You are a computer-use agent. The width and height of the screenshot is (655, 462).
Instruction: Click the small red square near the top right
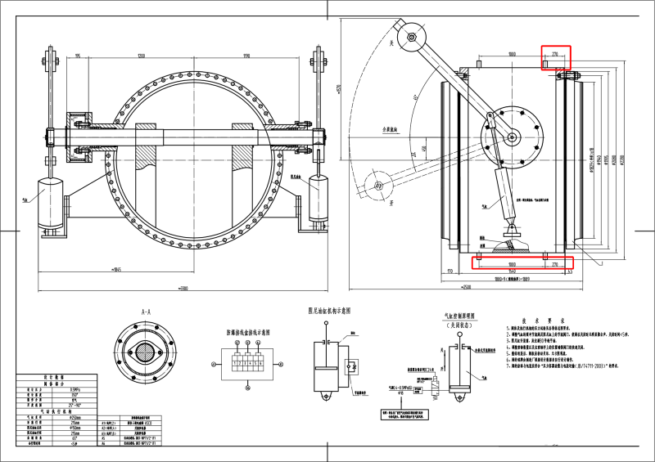[555, 58]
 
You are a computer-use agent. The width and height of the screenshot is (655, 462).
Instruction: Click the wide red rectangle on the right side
[522, 262]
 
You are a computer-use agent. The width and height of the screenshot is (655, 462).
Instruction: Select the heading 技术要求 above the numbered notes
[544, 321]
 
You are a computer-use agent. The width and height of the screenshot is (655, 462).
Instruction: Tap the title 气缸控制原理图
[459, 316]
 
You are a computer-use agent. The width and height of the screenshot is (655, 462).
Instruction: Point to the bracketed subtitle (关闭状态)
[459, 325]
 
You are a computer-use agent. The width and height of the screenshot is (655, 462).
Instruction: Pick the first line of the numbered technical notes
[538, 328]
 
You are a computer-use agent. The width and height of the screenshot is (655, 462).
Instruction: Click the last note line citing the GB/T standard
[562, 366]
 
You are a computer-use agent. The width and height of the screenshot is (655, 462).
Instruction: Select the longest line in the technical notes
[567, 334]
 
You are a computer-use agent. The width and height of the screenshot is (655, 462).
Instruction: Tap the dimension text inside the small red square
[554, 54]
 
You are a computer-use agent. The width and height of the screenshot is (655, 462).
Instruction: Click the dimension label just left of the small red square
[512, 54]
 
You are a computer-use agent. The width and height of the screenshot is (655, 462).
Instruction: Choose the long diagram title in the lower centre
[249, 333]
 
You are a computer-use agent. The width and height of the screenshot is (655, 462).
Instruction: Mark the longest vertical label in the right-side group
[591, 159]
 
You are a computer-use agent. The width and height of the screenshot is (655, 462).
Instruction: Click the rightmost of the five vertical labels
[622, 160]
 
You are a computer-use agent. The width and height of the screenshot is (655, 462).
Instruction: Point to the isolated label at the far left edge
[25, 200]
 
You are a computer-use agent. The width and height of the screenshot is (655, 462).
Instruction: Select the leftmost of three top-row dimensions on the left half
[78, 56]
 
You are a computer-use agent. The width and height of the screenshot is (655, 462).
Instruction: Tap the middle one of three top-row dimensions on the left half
[141, 56]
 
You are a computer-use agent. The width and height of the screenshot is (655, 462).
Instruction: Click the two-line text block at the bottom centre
[403, 415]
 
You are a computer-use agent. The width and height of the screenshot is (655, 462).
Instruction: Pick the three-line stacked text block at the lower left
[139, 428]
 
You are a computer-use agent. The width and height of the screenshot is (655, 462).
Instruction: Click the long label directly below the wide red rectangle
[512, 279]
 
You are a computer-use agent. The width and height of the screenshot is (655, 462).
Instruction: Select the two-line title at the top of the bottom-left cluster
[54, 380]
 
